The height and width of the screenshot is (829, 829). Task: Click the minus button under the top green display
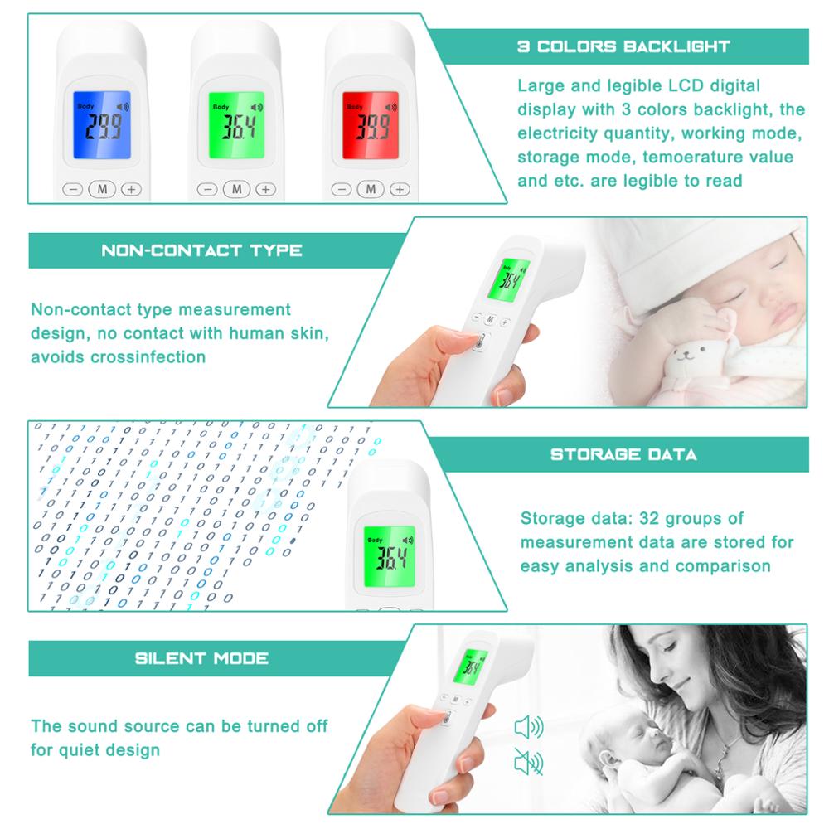click(x=208, y=189)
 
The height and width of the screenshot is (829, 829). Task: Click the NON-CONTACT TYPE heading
click(x=201, y=250)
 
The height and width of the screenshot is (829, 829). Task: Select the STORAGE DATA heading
click(x=623, y=454)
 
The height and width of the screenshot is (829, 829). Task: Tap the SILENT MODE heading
click(x=201, y=658)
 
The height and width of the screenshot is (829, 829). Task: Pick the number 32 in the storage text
click(x=645, y=519)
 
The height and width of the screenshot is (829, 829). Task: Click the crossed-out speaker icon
click(x=528, y=761)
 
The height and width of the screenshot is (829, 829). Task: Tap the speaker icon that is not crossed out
click(x=528, y=728)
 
